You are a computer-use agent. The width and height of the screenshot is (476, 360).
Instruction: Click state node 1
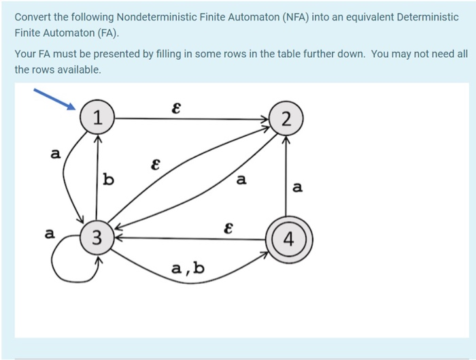click(98, 118)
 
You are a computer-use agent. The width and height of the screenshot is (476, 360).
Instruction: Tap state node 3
click(97, 238)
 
